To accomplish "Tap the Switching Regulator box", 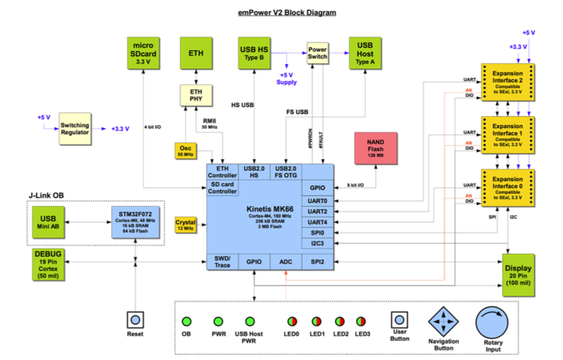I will click(74, 129).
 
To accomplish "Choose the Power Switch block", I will click(317, 56).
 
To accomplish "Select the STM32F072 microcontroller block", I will click(135, 223).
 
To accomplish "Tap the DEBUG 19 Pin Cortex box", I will click(47, 264).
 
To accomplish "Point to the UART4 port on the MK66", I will click(318, 221).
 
